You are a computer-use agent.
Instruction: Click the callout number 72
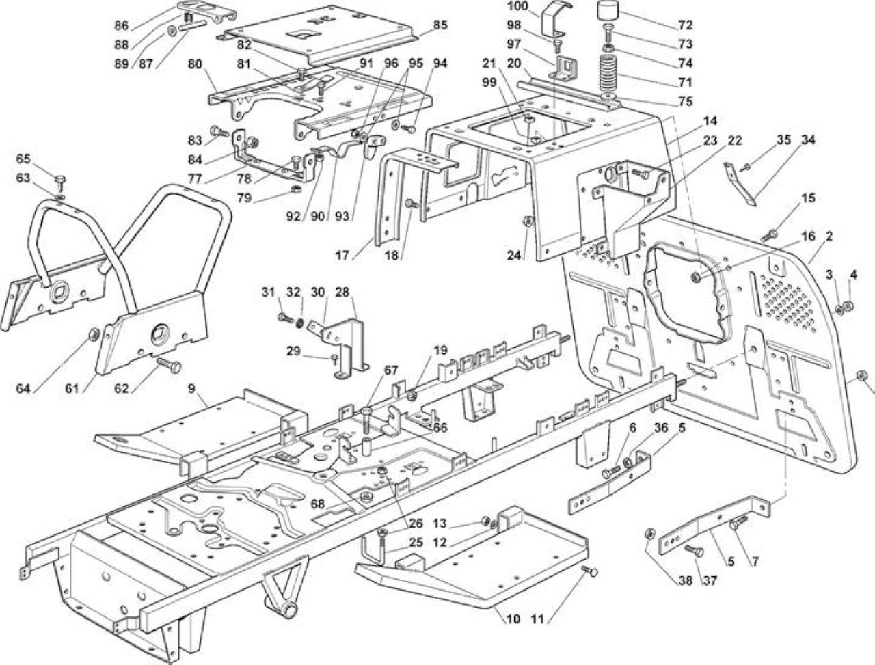click(x=685, y=25)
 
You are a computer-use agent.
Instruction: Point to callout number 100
click(x=517, y=6)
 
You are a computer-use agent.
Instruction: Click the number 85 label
click(x=440, y=25)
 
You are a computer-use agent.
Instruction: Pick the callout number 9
click(x=191, y=388)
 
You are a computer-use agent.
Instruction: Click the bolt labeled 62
click(x=170, y=364)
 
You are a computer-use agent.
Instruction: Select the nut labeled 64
click(x=95, y=333)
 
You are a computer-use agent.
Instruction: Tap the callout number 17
click(x=342, y=255)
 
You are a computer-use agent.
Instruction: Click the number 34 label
click(x=807, y=140)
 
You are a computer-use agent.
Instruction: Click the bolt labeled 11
click(x=590, y=571)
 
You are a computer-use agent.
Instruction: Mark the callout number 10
click(x=513, y=619)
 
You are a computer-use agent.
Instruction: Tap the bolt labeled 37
click(x=695, y=551)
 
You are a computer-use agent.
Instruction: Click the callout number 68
click(x=319, y=504)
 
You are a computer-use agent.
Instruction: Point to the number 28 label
click(x=342, y=292)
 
